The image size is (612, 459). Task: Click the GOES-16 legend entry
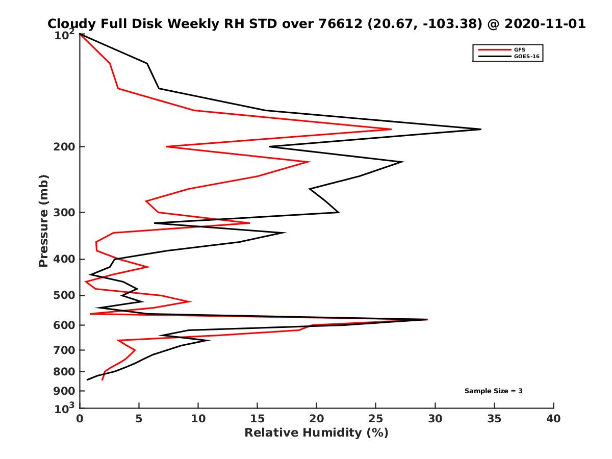(x=525, y=56)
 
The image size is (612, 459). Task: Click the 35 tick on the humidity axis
(x=494, y=419)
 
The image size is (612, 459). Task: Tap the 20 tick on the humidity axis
(x=317, y=419)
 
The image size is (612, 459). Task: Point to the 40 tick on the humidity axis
(x=553, y=419)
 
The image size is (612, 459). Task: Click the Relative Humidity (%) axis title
(x=316, y=433)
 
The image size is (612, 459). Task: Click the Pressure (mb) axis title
(x=43, y=220)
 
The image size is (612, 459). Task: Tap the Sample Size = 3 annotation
(x=493, y=391)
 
